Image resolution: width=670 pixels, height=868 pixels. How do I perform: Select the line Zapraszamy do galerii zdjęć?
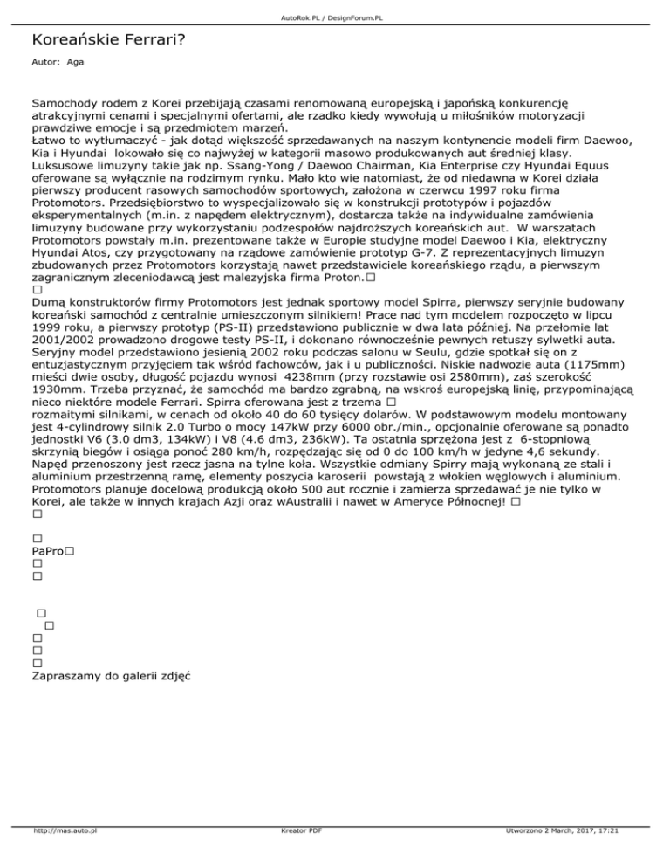tap(111, 675)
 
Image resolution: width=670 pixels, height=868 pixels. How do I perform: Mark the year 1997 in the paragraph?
tap(486, 188)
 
